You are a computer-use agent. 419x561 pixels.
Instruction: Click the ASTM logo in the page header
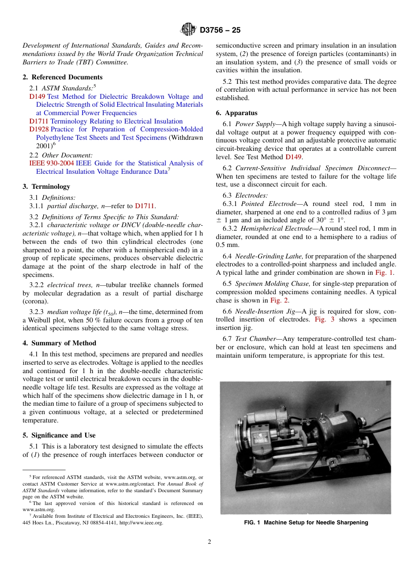tap(189, 30)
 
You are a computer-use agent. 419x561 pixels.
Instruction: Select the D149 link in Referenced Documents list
tap(37, 97)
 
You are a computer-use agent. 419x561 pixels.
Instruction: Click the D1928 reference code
tap(39, 129)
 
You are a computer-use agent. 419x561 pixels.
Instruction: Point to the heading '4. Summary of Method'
tap(59, 343)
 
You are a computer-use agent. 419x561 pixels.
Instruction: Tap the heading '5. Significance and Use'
tap(59, 435)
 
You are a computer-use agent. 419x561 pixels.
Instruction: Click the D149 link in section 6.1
tap(294, 157)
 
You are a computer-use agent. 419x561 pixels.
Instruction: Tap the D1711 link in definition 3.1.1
tap(145, 206)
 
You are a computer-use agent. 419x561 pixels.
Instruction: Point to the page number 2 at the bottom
tap(209, 542)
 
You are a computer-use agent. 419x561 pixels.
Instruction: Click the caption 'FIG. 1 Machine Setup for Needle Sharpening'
tap(306, 523)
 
